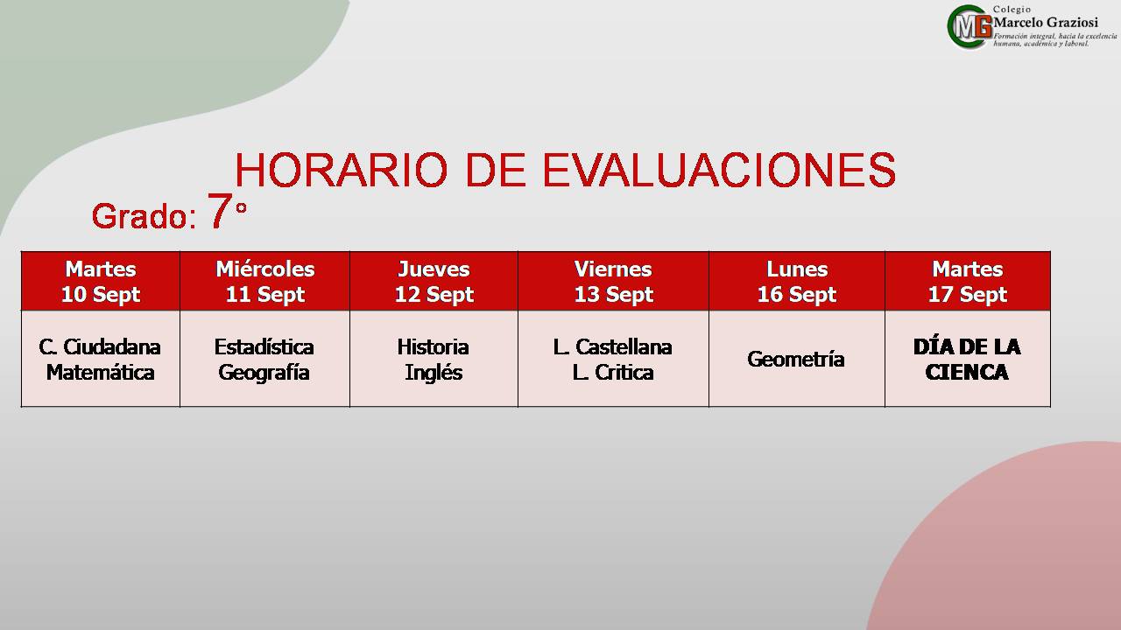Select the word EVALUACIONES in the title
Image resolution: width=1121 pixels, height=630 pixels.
point(720,170)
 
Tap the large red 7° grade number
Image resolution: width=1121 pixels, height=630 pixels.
point(227,211)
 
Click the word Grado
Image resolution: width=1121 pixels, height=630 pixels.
point(144,216)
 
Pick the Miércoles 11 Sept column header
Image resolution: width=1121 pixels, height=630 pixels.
point(264,282)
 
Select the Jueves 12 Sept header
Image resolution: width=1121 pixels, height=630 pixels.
point(434,282)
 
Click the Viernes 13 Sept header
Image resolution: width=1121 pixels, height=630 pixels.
point(614,282)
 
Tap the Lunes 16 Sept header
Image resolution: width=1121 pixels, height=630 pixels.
point(797,282)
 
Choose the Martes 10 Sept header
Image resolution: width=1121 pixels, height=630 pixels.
point(101,282)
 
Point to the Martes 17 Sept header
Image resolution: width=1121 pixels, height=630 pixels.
point(968,282)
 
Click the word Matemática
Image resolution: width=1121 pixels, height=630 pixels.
point(100,373)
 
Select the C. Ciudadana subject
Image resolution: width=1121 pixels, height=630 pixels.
point(100,347)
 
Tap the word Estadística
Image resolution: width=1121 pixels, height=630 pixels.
point(264,347)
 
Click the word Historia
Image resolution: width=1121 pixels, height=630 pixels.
point(433,347)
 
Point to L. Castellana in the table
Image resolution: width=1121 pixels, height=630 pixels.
point(612,347)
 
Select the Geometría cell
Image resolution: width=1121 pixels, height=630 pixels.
point(796,360)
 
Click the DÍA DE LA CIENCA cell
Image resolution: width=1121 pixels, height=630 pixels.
point(967,360)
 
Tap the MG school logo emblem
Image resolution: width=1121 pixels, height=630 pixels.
point(969,27)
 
